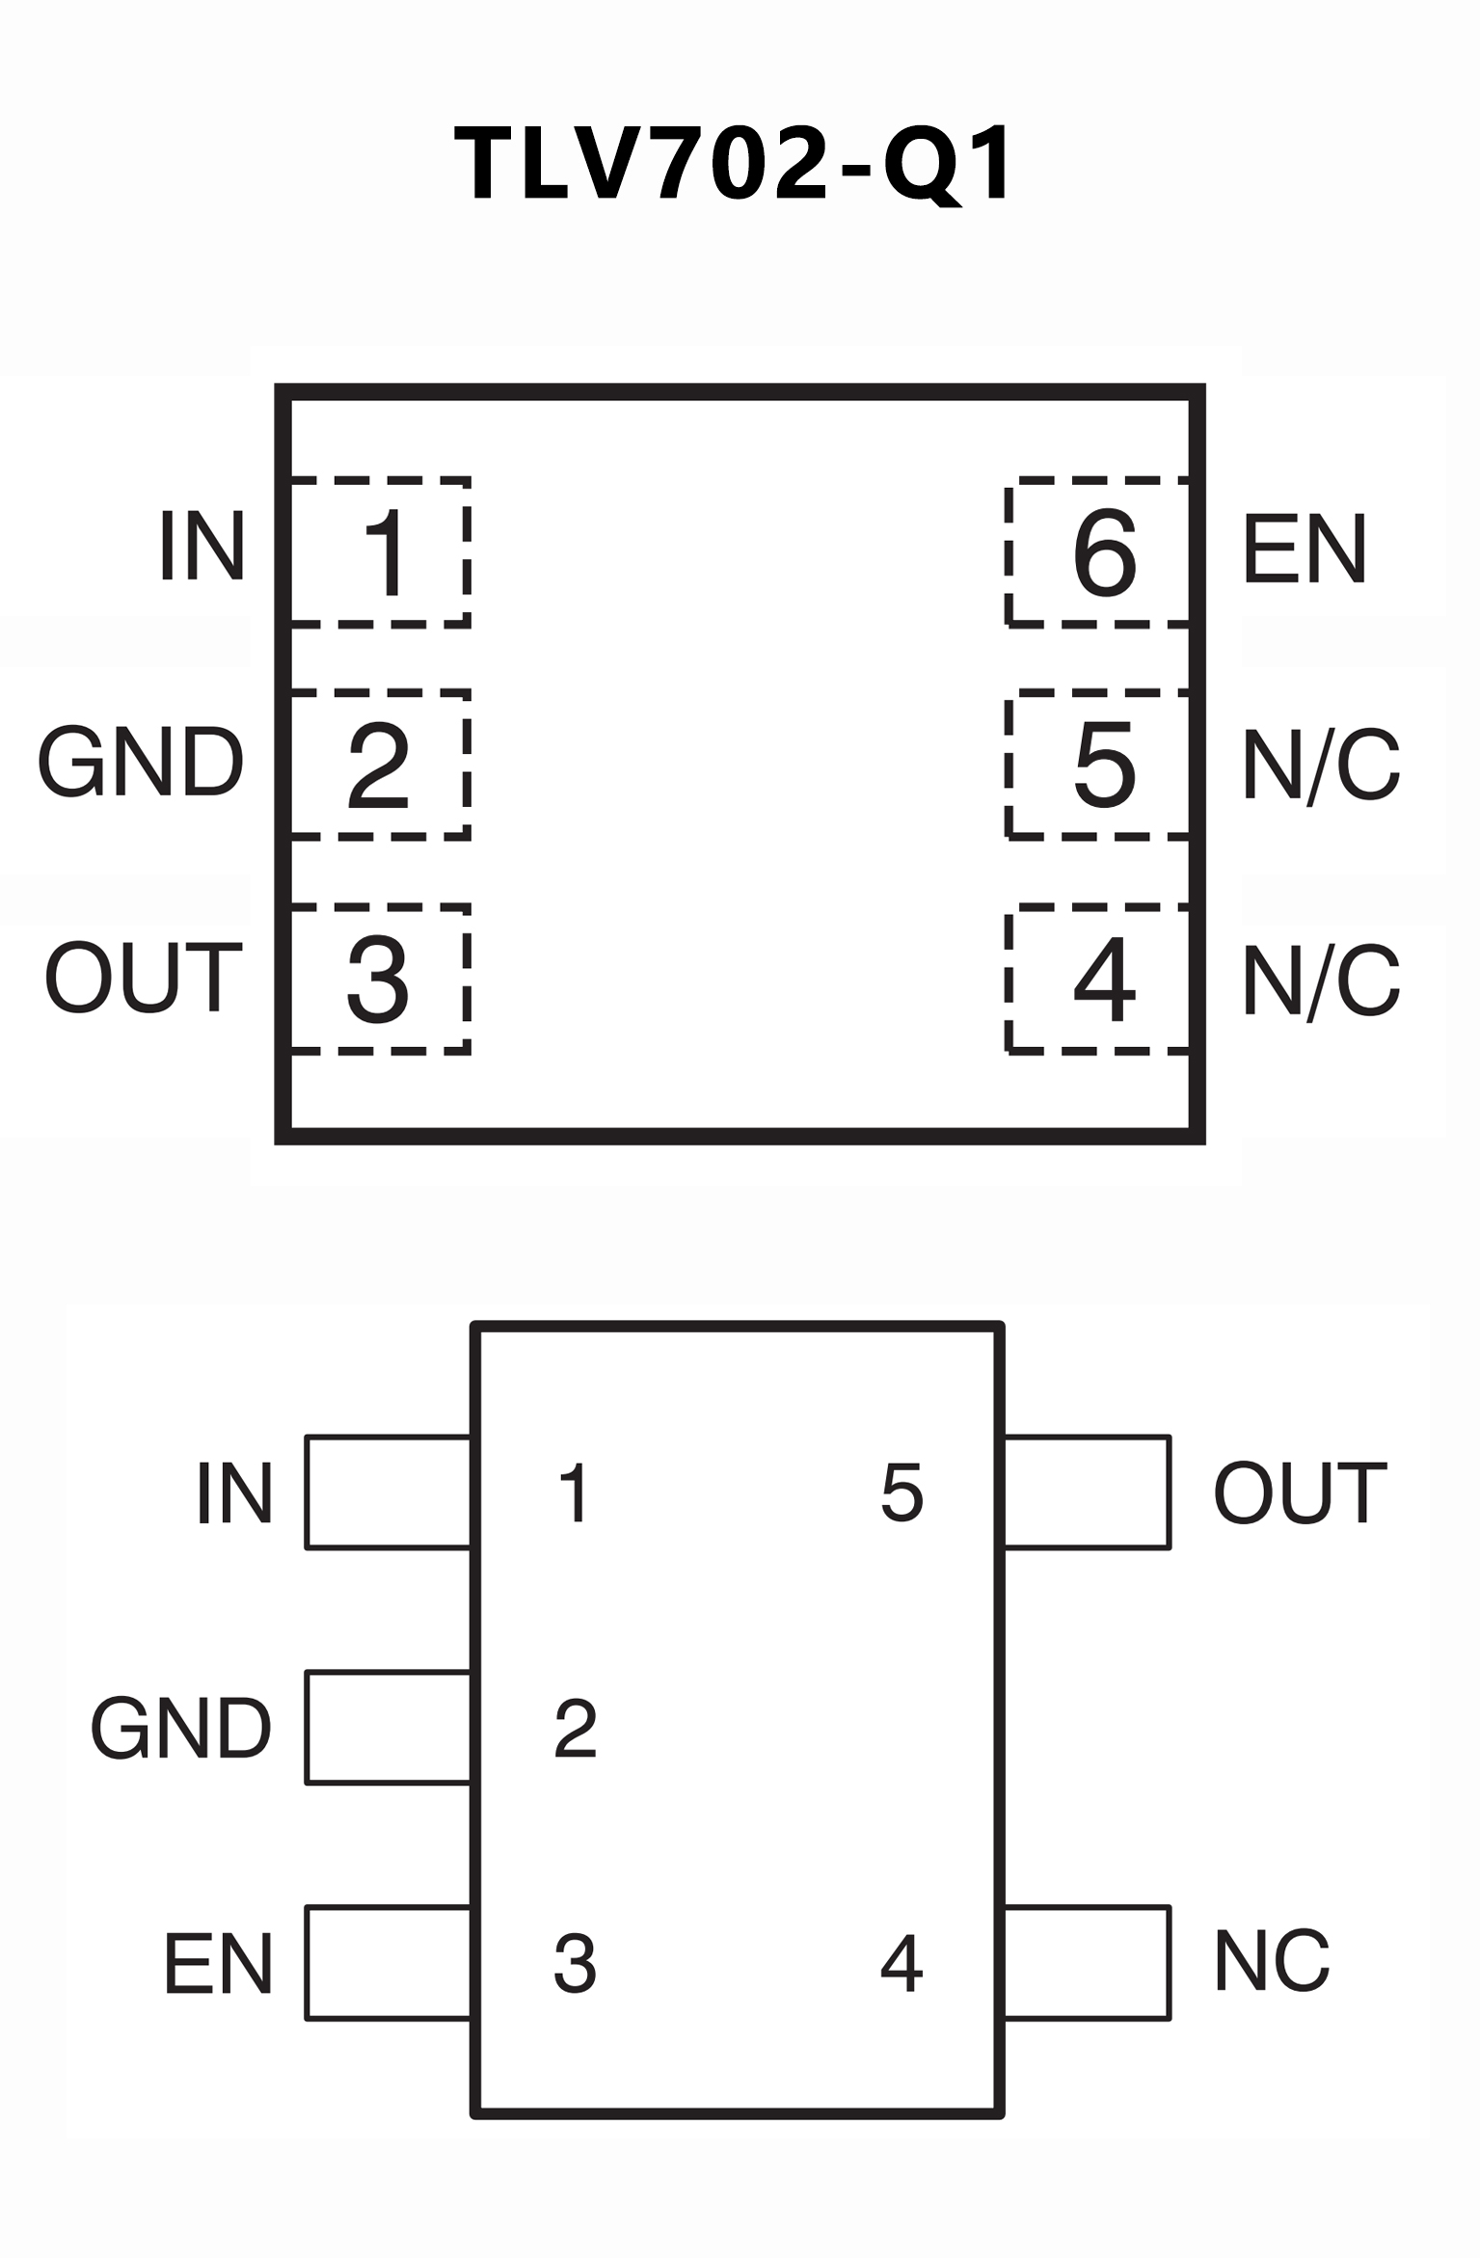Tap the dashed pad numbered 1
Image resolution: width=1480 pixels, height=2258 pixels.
pos(380,552)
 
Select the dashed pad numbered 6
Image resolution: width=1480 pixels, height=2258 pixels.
pos(1098,552)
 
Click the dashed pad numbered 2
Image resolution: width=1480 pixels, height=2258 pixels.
pos(380,766)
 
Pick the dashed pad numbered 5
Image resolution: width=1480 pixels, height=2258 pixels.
pos(1098,766)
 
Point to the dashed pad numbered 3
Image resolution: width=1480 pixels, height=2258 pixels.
pos(380,980)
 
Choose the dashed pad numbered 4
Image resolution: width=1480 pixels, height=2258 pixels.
pos(1098,980)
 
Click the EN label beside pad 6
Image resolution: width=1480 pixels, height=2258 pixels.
pos(1305,550)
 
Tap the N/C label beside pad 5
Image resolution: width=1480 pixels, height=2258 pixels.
pos(1320,766)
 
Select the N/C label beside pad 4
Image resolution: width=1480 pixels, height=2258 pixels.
pos(1320,981)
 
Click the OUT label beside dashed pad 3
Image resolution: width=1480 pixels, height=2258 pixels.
pos(143,979)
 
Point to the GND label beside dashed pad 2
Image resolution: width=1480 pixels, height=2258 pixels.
pos(141,763)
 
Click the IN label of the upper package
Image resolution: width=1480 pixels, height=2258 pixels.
pos(202,547)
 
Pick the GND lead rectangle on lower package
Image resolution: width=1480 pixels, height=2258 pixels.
pos(388,1728)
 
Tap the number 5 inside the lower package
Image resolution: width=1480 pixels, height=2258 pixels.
pos(901,1494)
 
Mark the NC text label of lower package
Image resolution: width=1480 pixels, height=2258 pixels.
pos(1272,1962)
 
